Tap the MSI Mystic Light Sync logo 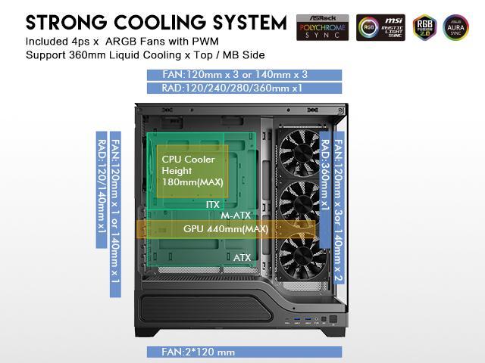coord(384,27)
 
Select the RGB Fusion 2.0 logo coord(424,27)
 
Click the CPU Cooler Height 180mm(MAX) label coord(189,171)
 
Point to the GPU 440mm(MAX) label coord(226,228)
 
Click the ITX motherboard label coord(213,204)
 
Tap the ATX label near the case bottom coord(242,258)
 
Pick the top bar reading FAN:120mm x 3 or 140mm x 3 coord(245,75)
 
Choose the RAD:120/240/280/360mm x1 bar coord(245,88)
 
